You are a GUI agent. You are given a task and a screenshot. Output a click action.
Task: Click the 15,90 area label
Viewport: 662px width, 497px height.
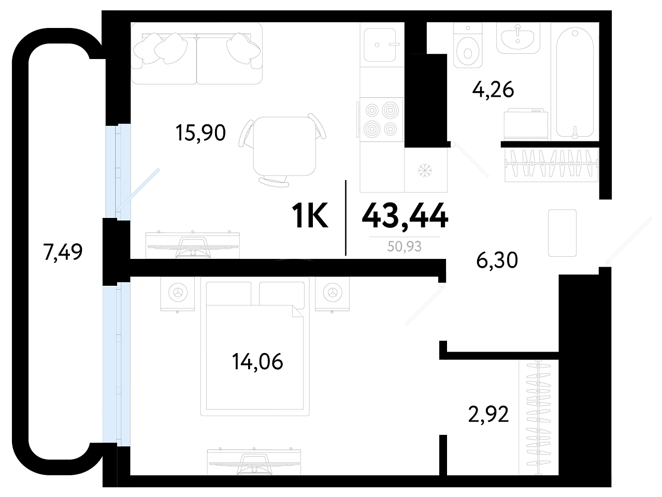click(x=200, y=133)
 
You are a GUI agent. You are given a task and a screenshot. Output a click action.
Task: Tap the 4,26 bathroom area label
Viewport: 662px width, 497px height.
click(x=493, y=90)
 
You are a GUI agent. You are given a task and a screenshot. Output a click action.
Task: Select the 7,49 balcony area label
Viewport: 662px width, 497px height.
click(x=63, y=252)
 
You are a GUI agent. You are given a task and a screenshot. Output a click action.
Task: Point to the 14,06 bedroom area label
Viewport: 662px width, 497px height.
click(x=257, y=362)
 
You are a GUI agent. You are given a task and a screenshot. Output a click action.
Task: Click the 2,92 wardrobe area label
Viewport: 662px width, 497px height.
click(x=488, y=414)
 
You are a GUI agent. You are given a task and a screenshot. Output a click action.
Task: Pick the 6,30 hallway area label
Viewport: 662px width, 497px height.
click(x=497, y=260)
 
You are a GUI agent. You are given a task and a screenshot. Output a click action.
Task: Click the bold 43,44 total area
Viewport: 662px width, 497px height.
click(x=405, y=216)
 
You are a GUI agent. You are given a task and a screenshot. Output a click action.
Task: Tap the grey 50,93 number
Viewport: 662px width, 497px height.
click(x=404, y=246)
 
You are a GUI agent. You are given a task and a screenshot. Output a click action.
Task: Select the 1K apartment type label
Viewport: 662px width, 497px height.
click(x=310, y=216)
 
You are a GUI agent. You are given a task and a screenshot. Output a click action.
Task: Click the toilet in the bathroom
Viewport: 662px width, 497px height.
click(x=467, y=45)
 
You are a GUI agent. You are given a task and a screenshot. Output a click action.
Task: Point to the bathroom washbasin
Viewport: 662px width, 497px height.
click(x=518, y=38)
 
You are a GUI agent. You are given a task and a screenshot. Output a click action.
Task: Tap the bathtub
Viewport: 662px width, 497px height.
click(x=574, y=82)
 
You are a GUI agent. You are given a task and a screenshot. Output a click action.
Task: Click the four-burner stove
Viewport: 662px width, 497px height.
click(x=382, y=120)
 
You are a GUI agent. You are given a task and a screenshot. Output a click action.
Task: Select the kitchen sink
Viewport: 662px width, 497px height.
click(x=380, y=45)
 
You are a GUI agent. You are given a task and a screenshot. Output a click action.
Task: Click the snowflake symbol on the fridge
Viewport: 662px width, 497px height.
click(x=425, y=170)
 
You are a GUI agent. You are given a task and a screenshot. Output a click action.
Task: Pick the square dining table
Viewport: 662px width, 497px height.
click(x=284, y=147)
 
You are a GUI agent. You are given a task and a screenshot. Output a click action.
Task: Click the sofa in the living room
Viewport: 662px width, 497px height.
click(x=197, y=54)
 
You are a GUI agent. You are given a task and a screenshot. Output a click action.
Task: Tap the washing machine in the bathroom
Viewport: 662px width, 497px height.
click(x=526, y=124)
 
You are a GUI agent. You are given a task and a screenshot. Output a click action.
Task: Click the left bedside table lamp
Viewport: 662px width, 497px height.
click(x=178, y=293)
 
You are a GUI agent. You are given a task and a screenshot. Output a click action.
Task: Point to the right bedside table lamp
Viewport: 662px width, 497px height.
click(x=333, y=293)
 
